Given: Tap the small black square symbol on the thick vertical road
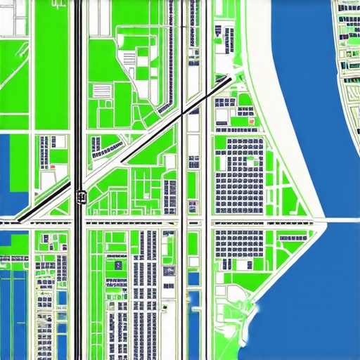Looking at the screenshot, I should coord(81,196).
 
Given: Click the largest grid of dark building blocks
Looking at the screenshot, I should coord(239,176).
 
